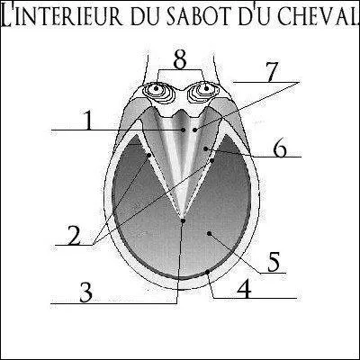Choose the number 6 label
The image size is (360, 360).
(280, 148)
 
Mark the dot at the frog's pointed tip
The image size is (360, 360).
(183, 218)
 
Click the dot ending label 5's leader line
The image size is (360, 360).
(211, 233)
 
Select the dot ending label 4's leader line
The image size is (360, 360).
(208, 269)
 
